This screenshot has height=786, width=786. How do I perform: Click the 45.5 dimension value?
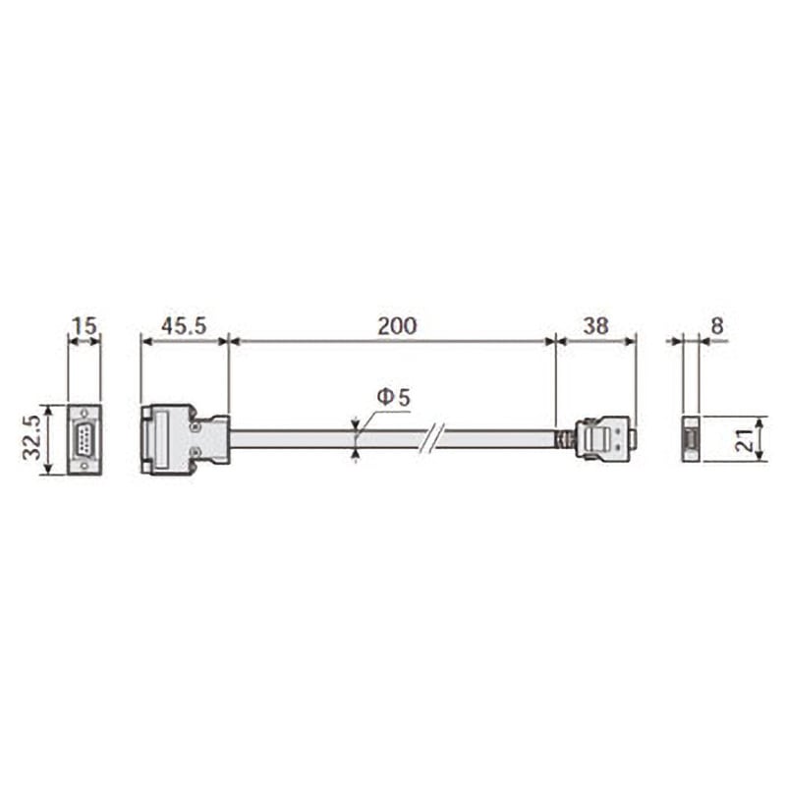point(184,326)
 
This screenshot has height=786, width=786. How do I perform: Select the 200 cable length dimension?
point(397,326)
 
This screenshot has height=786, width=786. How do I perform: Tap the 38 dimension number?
point(596,326)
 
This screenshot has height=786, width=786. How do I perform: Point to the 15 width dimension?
point(84,326)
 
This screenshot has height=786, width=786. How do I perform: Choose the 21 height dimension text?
point(745,439)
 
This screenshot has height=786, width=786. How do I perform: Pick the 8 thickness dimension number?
point(717,326)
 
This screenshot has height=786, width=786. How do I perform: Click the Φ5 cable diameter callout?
point(394,398)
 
